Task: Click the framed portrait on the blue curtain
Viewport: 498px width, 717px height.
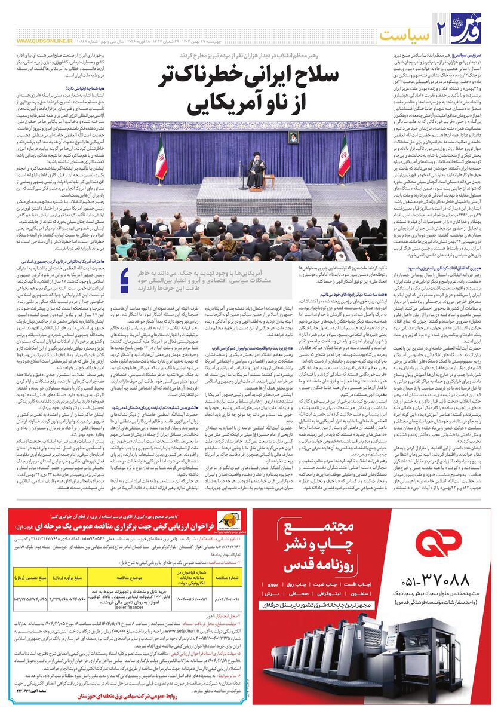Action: [293, 137]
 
